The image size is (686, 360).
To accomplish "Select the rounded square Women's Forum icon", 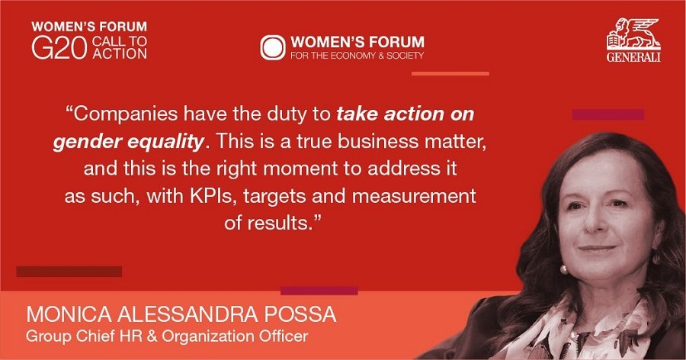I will (272, 47).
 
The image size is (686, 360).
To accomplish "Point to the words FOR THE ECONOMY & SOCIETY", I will (357, 56).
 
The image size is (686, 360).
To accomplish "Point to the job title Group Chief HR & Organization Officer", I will (168, 336).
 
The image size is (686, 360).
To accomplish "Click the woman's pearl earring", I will (564, 269).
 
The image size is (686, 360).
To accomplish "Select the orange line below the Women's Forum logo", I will (450, 73).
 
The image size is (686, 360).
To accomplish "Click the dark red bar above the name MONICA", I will (69, 272).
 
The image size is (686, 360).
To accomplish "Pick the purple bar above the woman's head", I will (607, 114).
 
